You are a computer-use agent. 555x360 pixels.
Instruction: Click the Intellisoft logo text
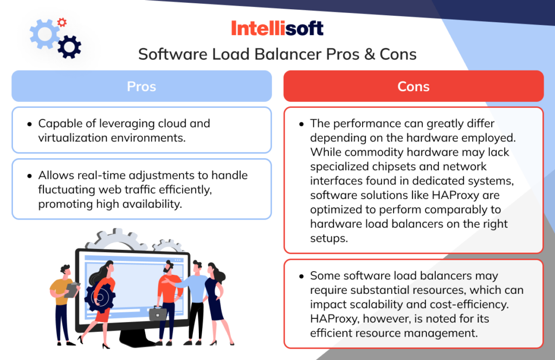tap(277, 28)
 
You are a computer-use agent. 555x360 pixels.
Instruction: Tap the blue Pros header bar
tap(141, 86)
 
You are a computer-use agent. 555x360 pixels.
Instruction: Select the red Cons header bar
tap(413, 86)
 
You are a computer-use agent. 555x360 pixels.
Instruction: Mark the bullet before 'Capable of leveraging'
tap(29, 124)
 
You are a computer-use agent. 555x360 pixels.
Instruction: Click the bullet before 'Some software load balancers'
tap(301, 277)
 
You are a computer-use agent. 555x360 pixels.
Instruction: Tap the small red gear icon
tap(62, 22)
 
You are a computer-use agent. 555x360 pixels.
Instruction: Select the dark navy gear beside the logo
tap(69, 47)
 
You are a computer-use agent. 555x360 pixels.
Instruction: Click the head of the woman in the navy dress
tap(212, 269)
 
